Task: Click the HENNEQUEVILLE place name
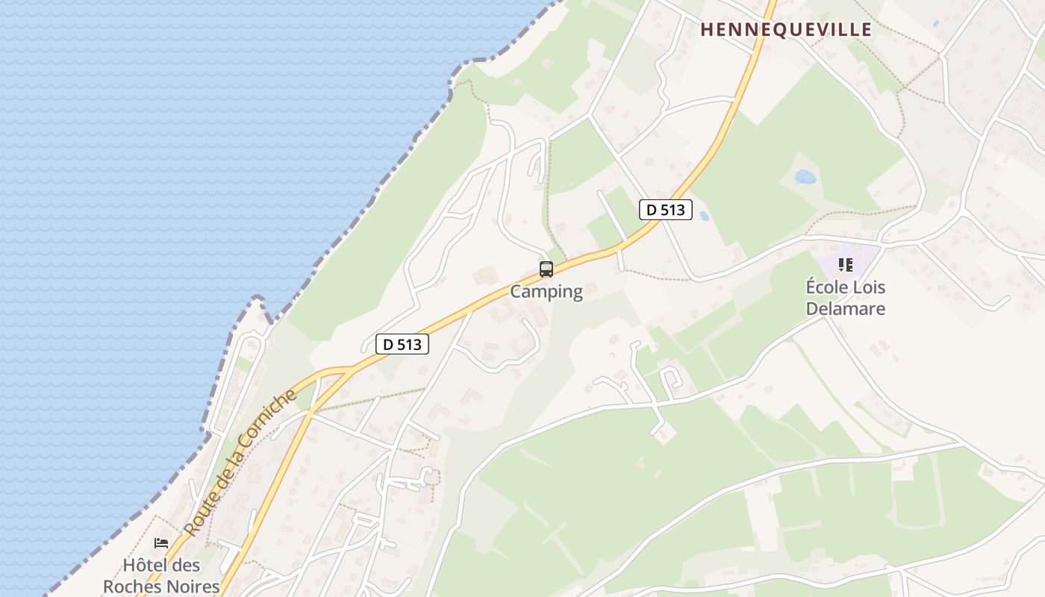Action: [786, 30]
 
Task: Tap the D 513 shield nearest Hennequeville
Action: [666, 210]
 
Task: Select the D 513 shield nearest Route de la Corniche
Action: [402, 344]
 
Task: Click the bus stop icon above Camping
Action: [546, 269]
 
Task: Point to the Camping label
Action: [546, 292]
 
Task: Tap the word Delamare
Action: [846, 309]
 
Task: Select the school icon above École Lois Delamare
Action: [846, 265]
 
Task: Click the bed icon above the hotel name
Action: [161, 543]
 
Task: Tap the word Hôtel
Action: [140, 565]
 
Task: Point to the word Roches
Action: [137, 587]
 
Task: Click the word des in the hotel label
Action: [187, 565]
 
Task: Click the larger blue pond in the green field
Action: [805, 177]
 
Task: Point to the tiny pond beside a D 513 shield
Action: [704, 216]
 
